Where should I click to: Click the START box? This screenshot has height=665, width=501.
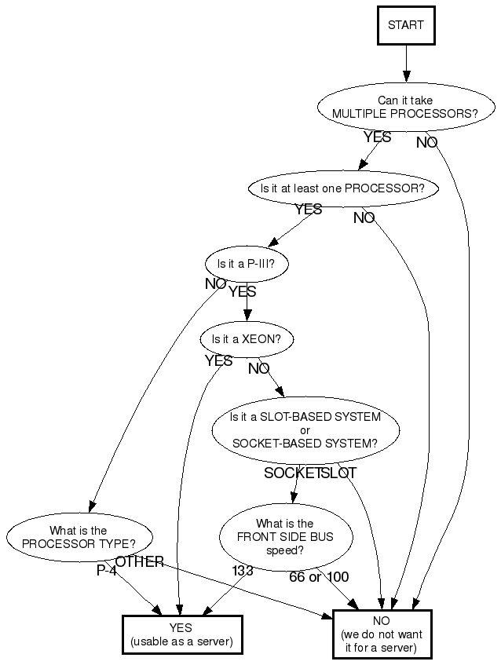tap(406, 25)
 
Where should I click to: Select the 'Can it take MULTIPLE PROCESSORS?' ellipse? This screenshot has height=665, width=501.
tap(405, 107)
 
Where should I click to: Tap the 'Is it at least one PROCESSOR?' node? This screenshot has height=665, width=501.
tap(342, 188)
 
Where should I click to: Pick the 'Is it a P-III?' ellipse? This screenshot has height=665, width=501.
tap(247, 264)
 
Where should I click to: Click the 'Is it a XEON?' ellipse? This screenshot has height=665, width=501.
tap(247, 339)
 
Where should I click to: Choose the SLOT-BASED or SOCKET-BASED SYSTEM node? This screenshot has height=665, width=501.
tap(305, 430)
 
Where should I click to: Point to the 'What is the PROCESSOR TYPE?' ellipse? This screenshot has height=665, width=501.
tap(79, 537)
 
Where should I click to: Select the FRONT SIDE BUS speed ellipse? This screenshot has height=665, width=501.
tap(285, 537)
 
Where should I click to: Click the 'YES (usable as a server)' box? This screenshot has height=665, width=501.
tap(182, 634)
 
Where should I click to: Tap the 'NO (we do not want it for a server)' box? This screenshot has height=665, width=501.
tap(382, 634)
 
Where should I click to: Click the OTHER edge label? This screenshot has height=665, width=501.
tap(140, 562)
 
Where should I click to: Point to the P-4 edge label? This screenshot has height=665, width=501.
tap(107, 571)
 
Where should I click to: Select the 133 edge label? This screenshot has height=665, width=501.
tap(243, 571)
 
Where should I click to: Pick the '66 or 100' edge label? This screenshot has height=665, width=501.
tap(319, 577)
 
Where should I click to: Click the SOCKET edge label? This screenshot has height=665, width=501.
tap(292, 473)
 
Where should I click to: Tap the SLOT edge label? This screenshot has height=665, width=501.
tap(338, 473)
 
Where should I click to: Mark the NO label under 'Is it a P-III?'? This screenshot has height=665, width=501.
tap(215, 283)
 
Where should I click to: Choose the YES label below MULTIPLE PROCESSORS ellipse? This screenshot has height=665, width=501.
tap(378, 137)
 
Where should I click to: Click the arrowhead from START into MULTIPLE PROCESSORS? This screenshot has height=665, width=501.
tap(406, 76)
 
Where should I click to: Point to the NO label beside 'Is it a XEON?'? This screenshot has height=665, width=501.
tap(259, 368)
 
